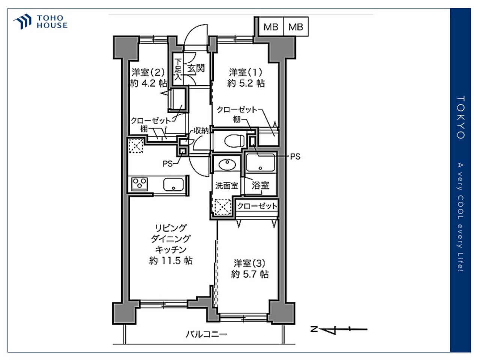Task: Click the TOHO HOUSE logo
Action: [40, 21]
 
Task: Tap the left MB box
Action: [271, 27]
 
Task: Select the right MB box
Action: [295, 27]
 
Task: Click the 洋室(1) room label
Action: [246, 72]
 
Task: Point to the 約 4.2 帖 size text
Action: [149, 83]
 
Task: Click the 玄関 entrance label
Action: [196, 68]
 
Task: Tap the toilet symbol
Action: [234, 141]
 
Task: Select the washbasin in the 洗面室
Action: [227, 164]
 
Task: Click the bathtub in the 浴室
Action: [260, 163]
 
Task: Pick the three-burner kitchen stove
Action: [139, 184]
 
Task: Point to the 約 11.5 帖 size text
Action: [171, 261]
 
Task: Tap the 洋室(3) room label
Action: [249, 263]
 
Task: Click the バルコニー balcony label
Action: [207, 334]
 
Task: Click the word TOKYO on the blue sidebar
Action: [460, 118]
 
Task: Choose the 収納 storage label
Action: [201, 131]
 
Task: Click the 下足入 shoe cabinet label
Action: [178, 69]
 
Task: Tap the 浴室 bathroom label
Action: [260, 185]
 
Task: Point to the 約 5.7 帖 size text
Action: [250, 274]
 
